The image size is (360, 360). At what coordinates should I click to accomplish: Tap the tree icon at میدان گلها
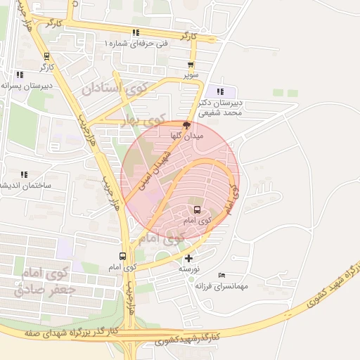[x=186, y=124]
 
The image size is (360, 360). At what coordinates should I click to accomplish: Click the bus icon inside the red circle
[x=196, y=210]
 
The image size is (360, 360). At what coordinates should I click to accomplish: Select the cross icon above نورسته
[x=188, y=258]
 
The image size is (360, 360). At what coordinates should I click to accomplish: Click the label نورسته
[x=188, y=269]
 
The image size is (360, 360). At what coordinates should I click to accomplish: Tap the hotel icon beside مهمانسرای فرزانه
[x=222, y=274]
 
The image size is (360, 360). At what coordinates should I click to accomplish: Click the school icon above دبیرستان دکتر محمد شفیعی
[x=221, y=91]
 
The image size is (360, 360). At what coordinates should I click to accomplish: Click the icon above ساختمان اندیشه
[x=24, y=174]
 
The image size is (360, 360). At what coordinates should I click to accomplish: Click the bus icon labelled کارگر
[x=46, y=57]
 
